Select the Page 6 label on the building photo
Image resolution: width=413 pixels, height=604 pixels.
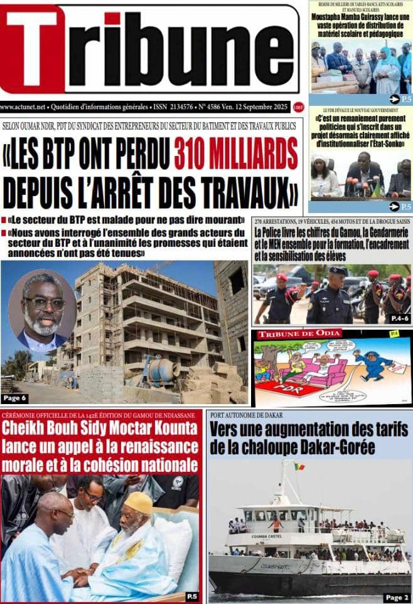(15, 398)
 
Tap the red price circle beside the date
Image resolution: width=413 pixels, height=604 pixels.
(298, 107)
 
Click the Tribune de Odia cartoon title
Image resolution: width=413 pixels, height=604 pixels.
(299, 334)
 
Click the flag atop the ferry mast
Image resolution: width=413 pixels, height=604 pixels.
(299, 466)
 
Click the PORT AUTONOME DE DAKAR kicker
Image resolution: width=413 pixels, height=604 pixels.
(247, 415)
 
